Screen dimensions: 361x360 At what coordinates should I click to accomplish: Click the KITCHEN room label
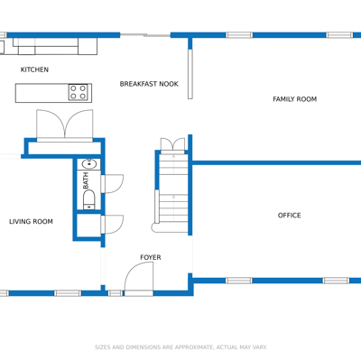point(34,69)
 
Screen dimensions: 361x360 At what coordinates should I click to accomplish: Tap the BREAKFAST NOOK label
point(149,84)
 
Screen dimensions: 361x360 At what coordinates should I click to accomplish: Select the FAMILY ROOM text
point(294,99)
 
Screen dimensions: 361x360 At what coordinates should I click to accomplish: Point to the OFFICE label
point(289,216)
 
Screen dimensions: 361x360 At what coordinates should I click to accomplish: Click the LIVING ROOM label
point(31,222)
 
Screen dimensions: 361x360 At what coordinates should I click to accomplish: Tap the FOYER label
point(151,257)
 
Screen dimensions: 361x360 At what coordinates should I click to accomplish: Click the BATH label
point(86,180)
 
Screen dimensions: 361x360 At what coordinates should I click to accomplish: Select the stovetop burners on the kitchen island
point(78,92)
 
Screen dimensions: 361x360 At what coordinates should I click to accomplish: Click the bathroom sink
point(89,164)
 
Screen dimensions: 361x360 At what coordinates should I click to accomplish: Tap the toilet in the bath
point(88,199)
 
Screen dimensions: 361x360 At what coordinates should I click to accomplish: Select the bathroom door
point(112,184)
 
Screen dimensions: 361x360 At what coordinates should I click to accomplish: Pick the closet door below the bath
point(112,225)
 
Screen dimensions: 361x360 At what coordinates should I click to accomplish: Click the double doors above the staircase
point(172,146)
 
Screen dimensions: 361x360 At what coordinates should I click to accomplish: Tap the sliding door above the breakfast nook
point(145,35)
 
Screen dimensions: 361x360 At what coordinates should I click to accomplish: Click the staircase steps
point(173,193)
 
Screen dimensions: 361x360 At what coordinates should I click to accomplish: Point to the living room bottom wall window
point(68,293)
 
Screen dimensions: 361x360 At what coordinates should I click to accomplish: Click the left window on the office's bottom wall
point(239,281)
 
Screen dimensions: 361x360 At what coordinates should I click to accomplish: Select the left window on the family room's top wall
point(239,35)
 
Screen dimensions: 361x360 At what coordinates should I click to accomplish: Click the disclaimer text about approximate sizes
point(180,347)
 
